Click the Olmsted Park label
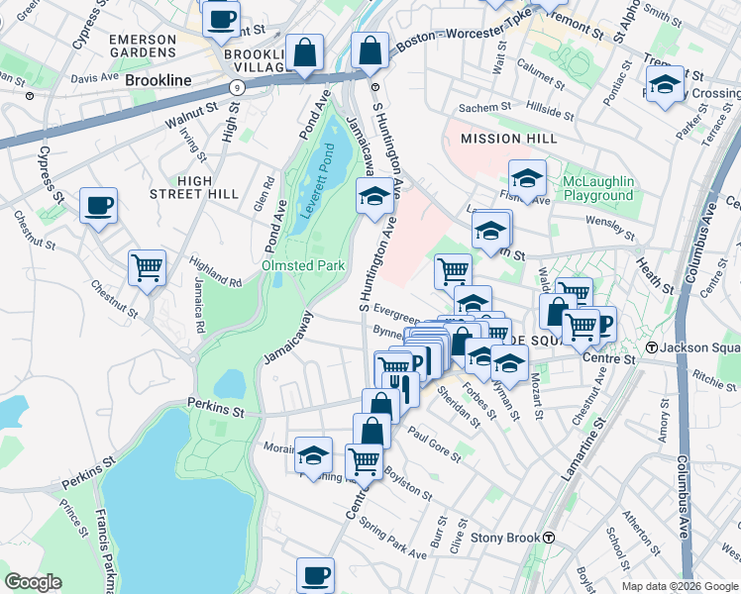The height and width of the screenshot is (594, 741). pyautogui.click(x=302, y=265)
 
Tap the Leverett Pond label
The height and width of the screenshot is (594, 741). pyautogui.click(x=328, y=175)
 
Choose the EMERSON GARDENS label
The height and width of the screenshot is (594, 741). pyautogui.click(x=142, y=47)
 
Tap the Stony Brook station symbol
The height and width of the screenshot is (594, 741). pyautogui.click(x=548, y=538)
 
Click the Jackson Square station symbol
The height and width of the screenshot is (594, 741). pyautogui.click(x=651, y=348)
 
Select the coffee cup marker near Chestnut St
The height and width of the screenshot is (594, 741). pyautogui.click(x=98, y=206)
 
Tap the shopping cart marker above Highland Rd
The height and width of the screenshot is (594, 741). pyautogui.click(x=147, y=266)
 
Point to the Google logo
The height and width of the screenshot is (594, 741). pyautogui.click(x=33, y=582)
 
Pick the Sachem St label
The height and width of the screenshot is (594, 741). pyautogui.click(x=484, y=107)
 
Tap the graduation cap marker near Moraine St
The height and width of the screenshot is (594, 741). pyautogui.click(x=314, y=454)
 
